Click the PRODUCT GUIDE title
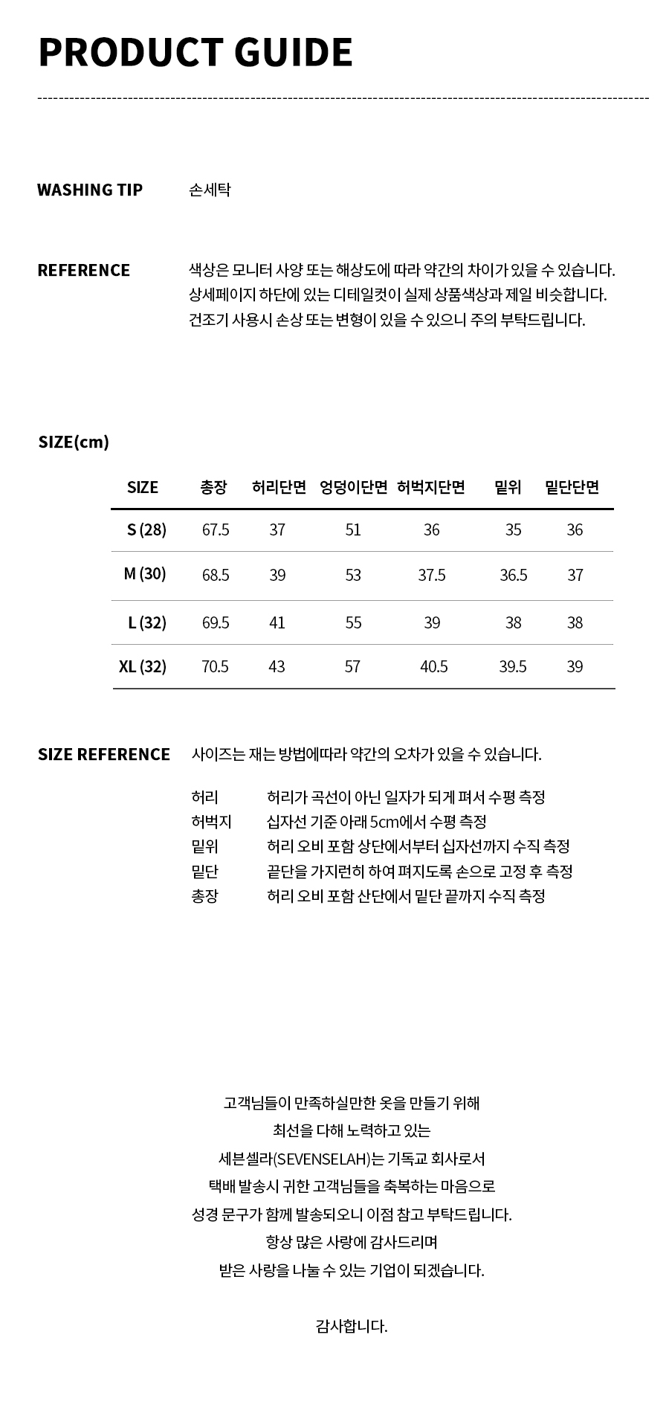click(x=195, y=52)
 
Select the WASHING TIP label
click(x=90, y=190)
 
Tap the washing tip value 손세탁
click(x=210, y=190)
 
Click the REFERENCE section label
click(x=83, y=270)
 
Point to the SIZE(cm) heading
click(x=74, y=442)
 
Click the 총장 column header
click(x=213, y=487)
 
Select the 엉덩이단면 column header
click(x=354, y=487)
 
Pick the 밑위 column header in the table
click(x=508, y=487)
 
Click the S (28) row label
click(x=146, y=530)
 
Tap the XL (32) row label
click(x=143, y=666)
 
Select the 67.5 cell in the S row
click(x=216, y=530)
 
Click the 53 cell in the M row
click(x=353, y=575)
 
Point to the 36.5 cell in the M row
click(x=513, y=575)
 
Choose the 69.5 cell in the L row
click(x=216, y=622)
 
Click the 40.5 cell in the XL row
click(x=434, y=666)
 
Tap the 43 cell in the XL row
click(x=277, y=666)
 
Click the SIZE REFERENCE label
click(x=104, y=754)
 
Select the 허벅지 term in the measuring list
click(x=212, y=822)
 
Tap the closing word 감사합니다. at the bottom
click(x=352, y=1325)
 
